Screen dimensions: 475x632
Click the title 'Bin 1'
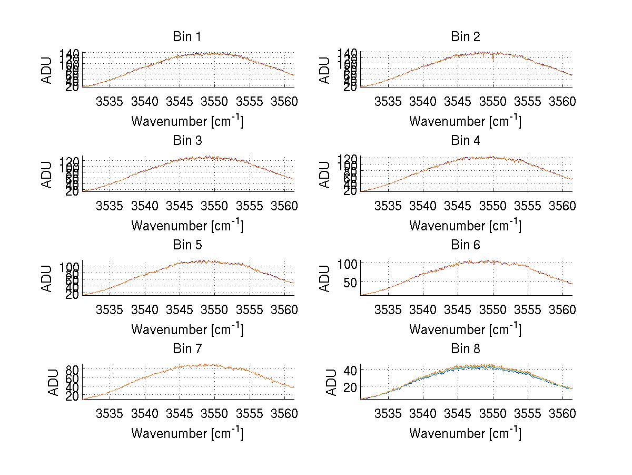click(x=187, y=37)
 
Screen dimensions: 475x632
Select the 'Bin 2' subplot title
click(x=465, y=37)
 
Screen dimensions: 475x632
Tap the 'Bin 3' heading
click(x=187, y=141)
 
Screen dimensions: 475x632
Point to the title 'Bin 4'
click(x=465, y=141)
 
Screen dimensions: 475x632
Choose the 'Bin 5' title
click(x=187, y=245)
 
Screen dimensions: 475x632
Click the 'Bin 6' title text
click(x=465, y=245)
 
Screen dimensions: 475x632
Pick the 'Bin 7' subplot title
click(x=187, y=349)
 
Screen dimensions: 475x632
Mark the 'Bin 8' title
click(x=465, y=349)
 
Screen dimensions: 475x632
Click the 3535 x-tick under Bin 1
click(x=110, y=101)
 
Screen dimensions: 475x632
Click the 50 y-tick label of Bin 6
click(x=351, y=282)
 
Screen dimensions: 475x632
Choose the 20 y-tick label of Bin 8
click(x=351, y=386)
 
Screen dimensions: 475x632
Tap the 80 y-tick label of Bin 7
click(x=73, y=369)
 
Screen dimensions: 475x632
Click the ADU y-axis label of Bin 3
click(x=47, y=175)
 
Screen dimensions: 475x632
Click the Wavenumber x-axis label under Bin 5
click(x=187, y=329)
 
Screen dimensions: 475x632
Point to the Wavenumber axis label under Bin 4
click(x=465, y=225)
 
